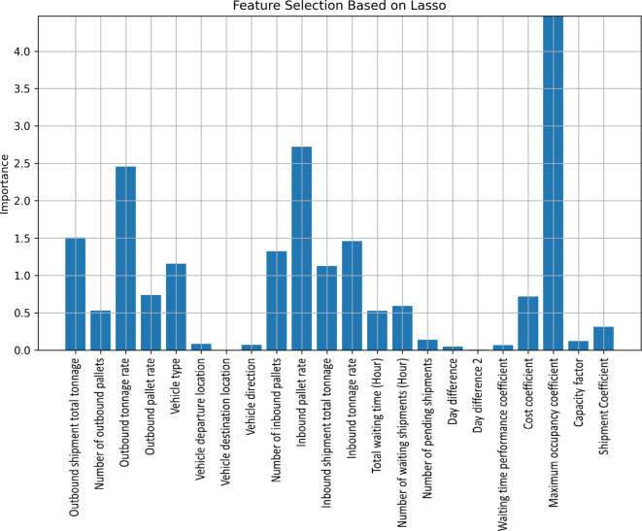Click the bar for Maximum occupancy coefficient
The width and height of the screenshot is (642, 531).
pyautogui.click(x=554, y=184)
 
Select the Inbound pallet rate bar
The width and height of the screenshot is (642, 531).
pyautogui.click(x=301, y=249)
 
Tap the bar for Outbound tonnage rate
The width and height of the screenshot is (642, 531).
pyautogui.click(x=125, y=258)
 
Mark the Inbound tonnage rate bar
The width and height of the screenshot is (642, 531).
pyautogui.click(x=352, y=295)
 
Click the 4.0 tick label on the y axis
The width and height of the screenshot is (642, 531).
pyautogui.click(x=35, y=51)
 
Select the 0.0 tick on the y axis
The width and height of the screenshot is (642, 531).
pyautogui.click(x=35, y=349)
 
